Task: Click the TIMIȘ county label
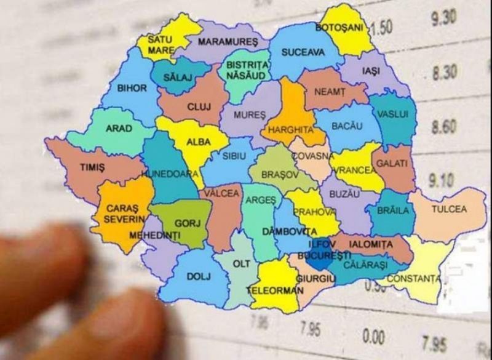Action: (93, 167)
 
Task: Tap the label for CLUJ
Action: (199, 106)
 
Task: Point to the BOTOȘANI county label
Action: (340, 28)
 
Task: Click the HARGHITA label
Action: (287, 130)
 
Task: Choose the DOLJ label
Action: (194, 276)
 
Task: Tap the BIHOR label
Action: (132, 88)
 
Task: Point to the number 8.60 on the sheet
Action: (443, 127)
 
